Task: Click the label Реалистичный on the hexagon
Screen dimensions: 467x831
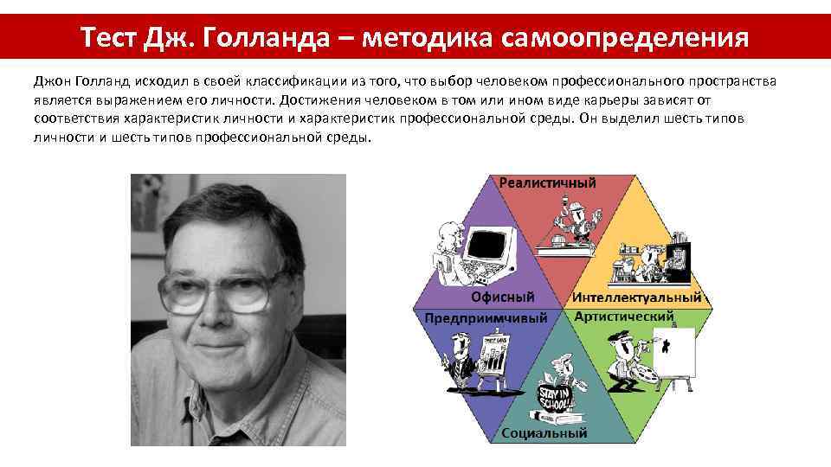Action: pyautogui.click(x=547, y=183)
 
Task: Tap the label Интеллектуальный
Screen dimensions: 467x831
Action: pyautogui.click(x=636, y=297)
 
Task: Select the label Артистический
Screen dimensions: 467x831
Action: pyautogui.click(x=624, y=317)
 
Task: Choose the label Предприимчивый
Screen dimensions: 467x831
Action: pyautogui.click(x=486, y=317)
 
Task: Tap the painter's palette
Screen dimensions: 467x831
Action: pyautogui.click(x=647, y=374)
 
